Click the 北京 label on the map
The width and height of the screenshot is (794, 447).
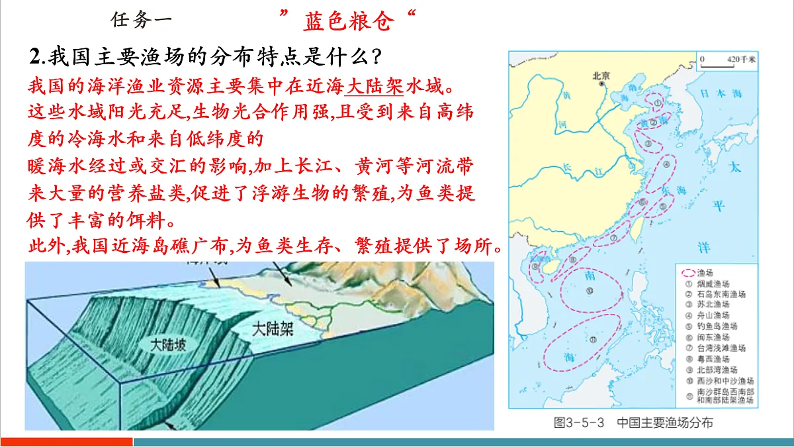[x=601, y=75]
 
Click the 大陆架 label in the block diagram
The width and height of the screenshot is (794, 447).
[x=273, y=328]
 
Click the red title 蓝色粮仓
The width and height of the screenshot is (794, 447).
[x=349, y=22]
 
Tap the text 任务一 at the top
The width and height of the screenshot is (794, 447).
[x=141, y=20]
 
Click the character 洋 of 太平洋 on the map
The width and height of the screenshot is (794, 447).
[x=704, y=248]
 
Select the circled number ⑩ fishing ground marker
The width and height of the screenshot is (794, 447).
[x=589, y=289]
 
